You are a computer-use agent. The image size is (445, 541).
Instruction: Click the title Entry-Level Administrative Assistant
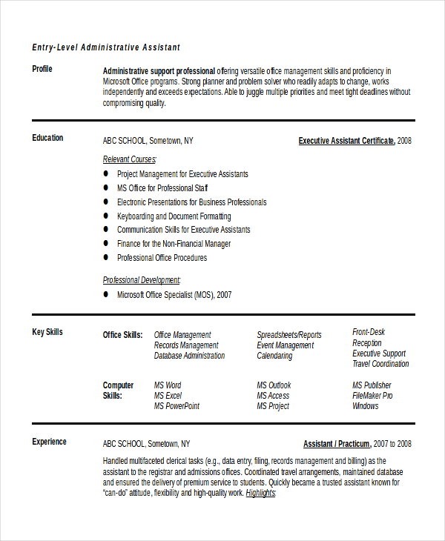pyautogui.click(x=106, y=47)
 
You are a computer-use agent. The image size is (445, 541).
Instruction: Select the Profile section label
pyautogui.click(x=42, y=70)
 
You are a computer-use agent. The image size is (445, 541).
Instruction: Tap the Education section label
pyautogui.click(x=47, y=138)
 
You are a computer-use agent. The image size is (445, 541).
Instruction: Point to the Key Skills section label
pyautogui.click(x=47, y=332)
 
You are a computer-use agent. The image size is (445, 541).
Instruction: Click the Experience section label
pyautogui.click(x=49, y=442)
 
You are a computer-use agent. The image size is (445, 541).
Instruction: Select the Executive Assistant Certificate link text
pyautogui.click(x=346, y=140)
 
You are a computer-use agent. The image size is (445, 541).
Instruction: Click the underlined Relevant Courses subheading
pyautogui.click(x=129, y=159)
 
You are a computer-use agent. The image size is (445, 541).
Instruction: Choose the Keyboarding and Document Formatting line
pyautogui.click(x=174, y=216)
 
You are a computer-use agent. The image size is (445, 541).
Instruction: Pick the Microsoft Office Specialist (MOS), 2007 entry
pyautogui.click(x=174, y=295)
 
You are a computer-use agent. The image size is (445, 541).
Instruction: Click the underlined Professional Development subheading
pyautogui.click(x=141, y=280)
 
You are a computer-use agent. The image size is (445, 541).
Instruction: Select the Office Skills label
pyautogui.click(x=122, y=335)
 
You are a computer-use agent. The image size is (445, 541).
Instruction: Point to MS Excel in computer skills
pyautogui.click(x=168, y=396)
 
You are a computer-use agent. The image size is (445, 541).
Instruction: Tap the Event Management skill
pyautogui.click(x=285, y=345)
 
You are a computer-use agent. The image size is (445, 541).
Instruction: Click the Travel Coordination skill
pyautogui.click(x=380, y=364)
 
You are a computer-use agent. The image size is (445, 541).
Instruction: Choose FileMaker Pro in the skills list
pyautogui.click(x=372, y=396)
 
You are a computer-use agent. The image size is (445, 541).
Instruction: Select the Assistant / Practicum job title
pyautogui.click(x=337, y=444)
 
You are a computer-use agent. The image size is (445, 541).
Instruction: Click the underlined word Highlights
pyautogui.click(x=260, y=492)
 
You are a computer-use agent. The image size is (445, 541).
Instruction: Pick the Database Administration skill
pyautogui.click(x=189, y=356)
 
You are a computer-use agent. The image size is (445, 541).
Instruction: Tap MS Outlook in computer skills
pyautogui.click(x=274, y=385)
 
